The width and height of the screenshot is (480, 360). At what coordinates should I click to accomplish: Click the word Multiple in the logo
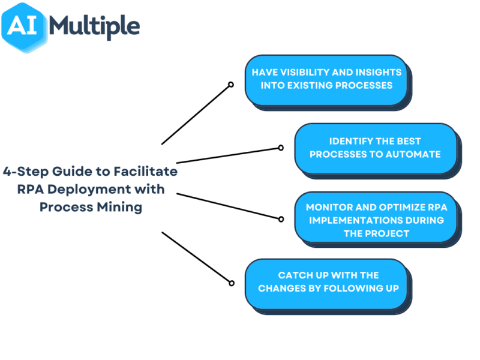95,26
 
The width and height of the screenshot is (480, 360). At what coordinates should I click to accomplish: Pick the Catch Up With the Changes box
327,281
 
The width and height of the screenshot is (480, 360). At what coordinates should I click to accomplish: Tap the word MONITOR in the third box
329,207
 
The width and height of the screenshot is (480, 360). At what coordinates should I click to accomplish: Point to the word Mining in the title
124,207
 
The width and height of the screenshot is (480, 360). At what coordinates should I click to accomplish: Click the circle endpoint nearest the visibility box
230,85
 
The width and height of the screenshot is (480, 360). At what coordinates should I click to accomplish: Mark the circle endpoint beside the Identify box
280,147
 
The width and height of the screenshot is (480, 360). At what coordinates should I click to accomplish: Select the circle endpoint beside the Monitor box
280,219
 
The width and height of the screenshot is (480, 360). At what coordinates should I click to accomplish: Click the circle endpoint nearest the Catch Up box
230,282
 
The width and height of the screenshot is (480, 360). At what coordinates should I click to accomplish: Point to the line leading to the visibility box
196,115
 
